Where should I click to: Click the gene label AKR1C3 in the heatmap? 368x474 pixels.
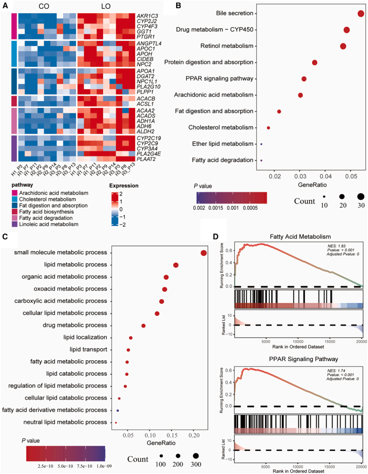coord(147,16)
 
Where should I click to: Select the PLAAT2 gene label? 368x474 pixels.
coord(146,159)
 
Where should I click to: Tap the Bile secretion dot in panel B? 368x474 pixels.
coord(361,14)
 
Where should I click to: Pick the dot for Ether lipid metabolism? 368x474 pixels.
coord(261,144)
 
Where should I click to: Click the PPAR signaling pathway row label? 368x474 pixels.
coord(219,79)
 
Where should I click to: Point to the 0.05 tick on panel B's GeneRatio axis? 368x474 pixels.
coord(351,176)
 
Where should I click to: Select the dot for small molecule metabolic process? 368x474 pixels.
coord(204,253)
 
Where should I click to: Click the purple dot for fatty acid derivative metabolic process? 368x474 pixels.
coord(118,411)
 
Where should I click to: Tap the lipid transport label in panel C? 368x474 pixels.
coord(88,349)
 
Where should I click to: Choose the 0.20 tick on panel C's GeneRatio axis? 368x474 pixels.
coord(194,435)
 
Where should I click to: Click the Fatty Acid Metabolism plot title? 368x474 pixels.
coord(300,236)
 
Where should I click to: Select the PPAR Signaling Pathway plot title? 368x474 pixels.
coord(303,359)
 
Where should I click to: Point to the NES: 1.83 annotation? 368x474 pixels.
coord(336,246)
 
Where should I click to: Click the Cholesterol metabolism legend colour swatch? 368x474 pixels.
coord(14,199)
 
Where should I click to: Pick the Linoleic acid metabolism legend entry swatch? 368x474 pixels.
coord(14,224)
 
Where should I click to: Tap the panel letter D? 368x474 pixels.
coord(215,236)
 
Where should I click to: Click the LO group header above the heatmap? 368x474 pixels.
coord(106,6)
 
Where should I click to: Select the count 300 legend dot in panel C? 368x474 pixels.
coord(196,456)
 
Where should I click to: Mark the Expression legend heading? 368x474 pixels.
coord(124,186)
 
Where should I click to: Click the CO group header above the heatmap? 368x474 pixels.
coord(44,6)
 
